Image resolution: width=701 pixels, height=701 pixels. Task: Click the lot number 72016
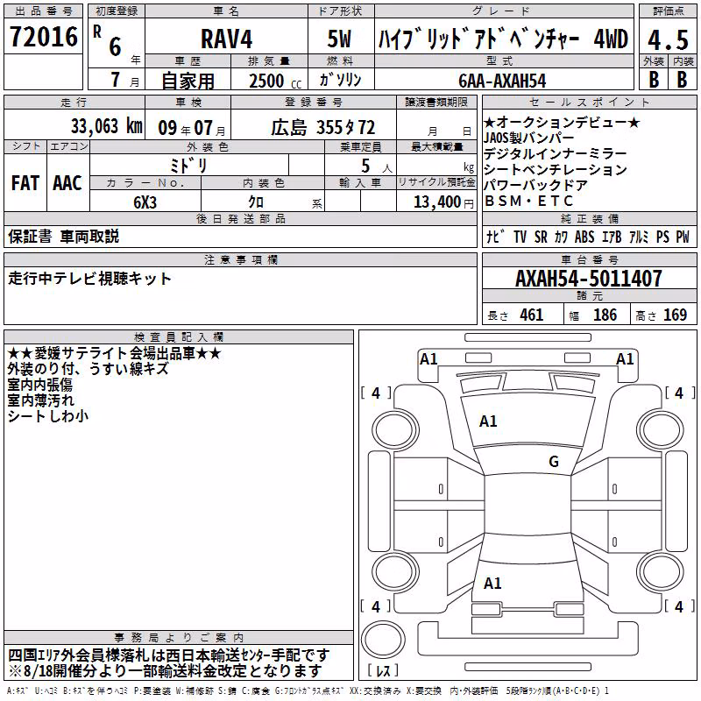(x=44, y=37)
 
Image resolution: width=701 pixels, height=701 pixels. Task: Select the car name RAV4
(x=226, y=39)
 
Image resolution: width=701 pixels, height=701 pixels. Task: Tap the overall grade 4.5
(x=668, y=40)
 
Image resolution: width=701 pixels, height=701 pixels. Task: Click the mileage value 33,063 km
(x=106, y=126)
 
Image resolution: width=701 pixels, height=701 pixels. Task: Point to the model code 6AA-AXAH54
(x=502, y=81)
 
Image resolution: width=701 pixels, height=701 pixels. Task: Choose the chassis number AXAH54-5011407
(x=588, y=279)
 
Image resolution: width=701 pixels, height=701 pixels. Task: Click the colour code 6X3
(x=145, y=202)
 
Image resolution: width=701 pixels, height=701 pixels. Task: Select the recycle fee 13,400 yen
(x=443, y=202)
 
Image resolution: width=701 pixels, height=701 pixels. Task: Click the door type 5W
(x=339, y=39)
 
